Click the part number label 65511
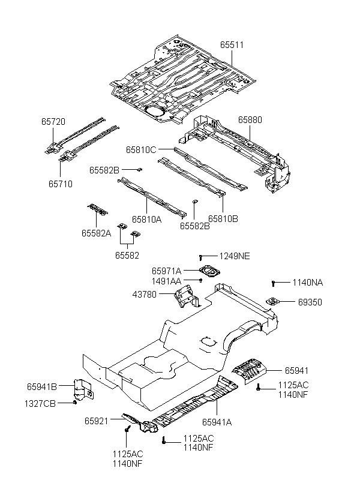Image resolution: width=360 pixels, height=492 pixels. pyautogui.click(x=232, y=45)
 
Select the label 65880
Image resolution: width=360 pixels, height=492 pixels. pyautogui.click(x=250, y=120)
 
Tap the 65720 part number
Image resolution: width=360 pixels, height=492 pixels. pyautogui.click(x=53, y=122)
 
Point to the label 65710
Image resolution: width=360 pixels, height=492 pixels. pyautogui.click(x=61, y=184)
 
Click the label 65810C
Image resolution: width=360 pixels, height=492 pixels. pyautogui.click(x=141, y=150)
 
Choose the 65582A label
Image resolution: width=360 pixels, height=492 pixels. pyautogui.click(x=97, y=233)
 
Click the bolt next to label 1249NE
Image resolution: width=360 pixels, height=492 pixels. pyautogui.click(x=200, y=257)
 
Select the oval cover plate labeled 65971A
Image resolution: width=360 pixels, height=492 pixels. pyautogui.click(x=209, y=271)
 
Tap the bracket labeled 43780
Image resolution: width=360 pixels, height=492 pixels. pyautogui.click(x=187, y=296)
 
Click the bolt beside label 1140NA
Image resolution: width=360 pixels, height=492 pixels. pyautogui.click(x=273, y=283)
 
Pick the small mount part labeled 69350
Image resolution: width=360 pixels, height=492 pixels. pyautogui.click(x=272, y=302)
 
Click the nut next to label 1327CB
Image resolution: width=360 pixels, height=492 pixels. pyautogui.click(x=74, y=403)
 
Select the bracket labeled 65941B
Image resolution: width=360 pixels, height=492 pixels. pyautogui.click(x=83, y=390)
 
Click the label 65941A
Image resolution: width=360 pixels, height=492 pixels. pyautogui.click(x=217, y=422)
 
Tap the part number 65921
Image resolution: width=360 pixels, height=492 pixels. pyautogui.click(x=97, y=421)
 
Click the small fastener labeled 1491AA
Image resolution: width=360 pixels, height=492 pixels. pyautogui.click(x=200, y=280)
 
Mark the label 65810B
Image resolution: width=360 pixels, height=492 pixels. pyautogui.click(x=223, y=219)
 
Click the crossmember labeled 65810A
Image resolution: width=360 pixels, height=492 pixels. pyautogui.click(x=152, y=197)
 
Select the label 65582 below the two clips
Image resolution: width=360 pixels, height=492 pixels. pyautogui.click(x=127, y=256)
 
